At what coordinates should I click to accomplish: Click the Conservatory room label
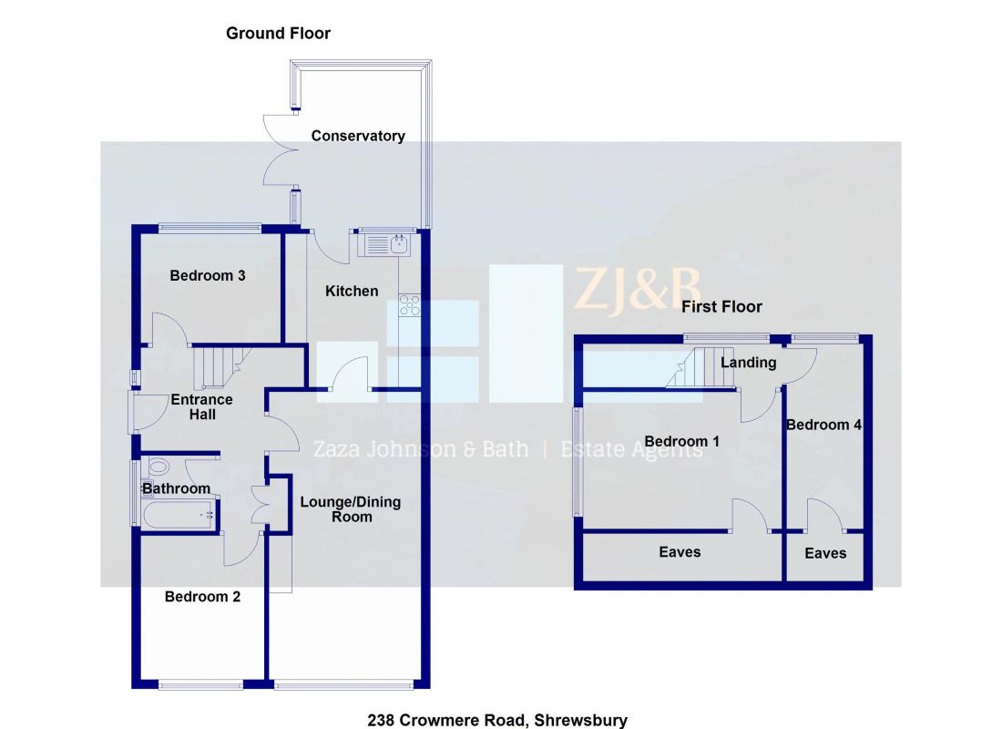(358, 136)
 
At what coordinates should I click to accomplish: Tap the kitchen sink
(388, 243)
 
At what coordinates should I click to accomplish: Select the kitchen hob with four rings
(408, 307)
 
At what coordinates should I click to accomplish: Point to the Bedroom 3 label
(208, 275)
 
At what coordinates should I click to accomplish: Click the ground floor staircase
(217, 366)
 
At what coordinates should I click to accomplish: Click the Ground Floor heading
(278, 34)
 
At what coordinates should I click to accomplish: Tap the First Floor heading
(721, 307)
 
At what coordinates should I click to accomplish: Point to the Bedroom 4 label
(823, 425)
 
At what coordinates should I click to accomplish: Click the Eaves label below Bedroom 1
(680, 551)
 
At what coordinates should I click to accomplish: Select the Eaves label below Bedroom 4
(825, 553)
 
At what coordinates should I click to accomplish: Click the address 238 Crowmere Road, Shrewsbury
(497, 720)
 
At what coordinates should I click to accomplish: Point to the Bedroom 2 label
(202, 597)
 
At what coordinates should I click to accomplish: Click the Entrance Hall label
(202, 406)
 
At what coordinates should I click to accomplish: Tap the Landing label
(748, 363)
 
